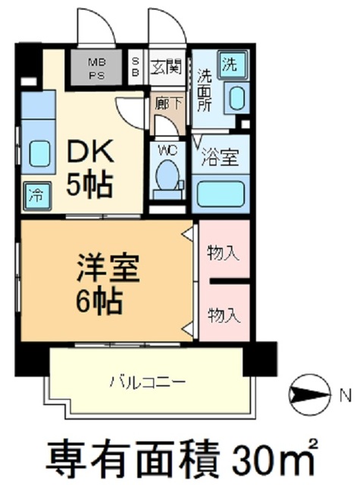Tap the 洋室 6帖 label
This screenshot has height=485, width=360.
point(99,283)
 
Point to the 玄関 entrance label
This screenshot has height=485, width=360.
point(164,67)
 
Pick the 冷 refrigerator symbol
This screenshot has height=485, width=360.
point(35,194)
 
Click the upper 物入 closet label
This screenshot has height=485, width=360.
point(224,252)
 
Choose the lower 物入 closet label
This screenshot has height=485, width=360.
point(224,311)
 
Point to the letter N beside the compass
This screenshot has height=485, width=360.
point(344,394)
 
